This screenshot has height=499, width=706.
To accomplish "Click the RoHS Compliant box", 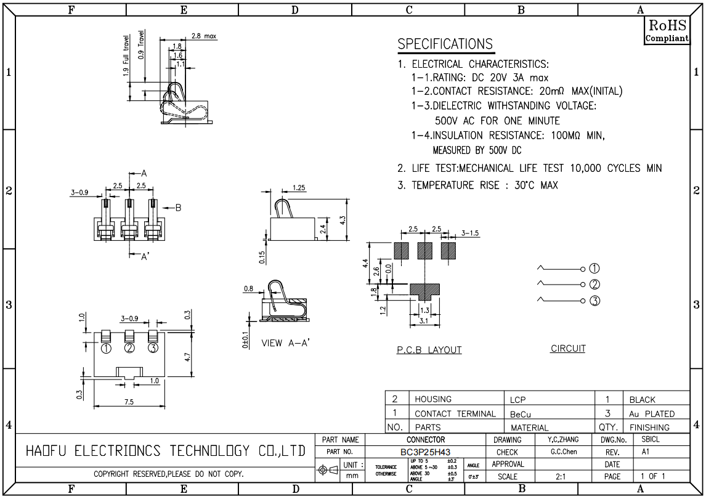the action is (667, 31).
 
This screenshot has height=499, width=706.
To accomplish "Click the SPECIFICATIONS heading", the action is (445, 44).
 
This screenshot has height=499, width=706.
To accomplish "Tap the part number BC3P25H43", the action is (426, 452).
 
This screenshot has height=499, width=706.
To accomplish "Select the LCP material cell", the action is (517, 399).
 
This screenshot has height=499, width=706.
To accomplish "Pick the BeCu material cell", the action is (521, 414).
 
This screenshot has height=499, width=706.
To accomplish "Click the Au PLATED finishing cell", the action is (652, 413).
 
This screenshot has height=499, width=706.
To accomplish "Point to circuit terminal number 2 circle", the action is (594, 285).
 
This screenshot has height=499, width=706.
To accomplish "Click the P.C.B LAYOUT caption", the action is (429, 350).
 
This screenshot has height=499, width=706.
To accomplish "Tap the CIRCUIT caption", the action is (568, 349).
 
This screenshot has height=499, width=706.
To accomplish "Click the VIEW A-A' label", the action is (285, 343).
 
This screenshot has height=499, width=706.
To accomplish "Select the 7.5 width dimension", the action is (129, 402).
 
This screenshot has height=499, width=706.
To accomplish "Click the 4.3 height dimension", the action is (343, 221).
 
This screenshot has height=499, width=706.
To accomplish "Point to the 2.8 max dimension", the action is (203, 36).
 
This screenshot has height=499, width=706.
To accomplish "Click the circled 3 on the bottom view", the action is (153, 348).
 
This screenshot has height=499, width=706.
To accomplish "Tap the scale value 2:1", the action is (561, 476).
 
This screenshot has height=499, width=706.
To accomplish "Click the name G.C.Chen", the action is (564, 452).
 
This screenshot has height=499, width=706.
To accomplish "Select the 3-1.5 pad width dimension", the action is (470, 233).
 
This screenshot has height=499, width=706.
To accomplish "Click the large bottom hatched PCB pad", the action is (424, 292).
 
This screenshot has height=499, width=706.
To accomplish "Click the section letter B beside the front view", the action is (178, 208).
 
